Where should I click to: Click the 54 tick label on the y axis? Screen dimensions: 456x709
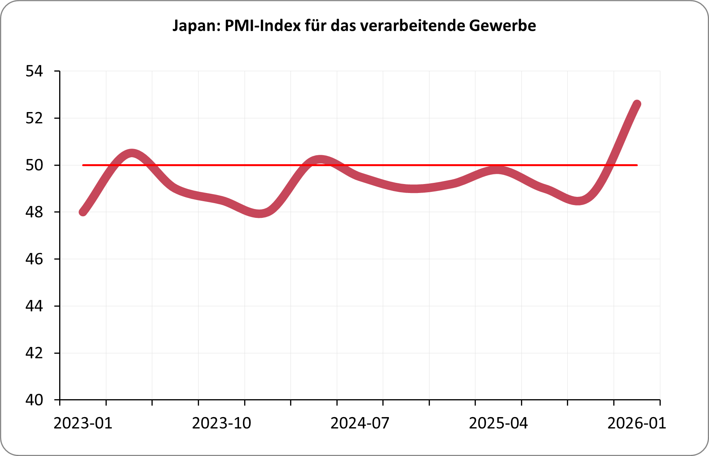pyautogui.click(x=34, y=72)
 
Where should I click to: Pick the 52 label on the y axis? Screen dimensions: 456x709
pyautogui.click(x=34, y=118)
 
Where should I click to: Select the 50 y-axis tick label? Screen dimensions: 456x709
pyautogui.click(x=34, y=165)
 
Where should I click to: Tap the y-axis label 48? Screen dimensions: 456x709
pyautogui.click(x=34, y=212)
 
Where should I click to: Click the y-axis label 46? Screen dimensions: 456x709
pyautogui.click(x=34, y=259)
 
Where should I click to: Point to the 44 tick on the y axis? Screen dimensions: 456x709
pyautogui.click(x=34, y=306)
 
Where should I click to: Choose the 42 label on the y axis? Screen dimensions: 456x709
pyautogui.click(x=34, y=353)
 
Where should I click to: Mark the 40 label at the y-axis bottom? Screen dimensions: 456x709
pyautogui.click(x=34, y=400)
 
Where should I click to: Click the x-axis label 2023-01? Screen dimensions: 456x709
pyautogui.click(x=83, y=423)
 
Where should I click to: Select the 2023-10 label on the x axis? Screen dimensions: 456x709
pyautogui.click(x=222, y=423)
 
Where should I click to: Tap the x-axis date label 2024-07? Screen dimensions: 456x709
pyautogui.click(x=360, y=423)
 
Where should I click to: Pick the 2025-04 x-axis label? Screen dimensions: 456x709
pyautogui.click(x=498, y=423)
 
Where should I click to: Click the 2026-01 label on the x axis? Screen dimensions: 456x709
pyautogui.click(x=637, y=423)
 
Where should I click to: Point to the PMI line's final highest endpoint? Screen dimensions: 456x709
pyautogui.click(x=637, y=104)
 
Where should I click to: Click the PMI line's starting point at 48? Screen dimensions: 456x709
pyautogui.click(x=83, y=212)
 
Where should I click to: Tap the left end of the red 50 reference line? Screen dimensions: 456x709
pyautogui.click(x=83, y=165)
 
